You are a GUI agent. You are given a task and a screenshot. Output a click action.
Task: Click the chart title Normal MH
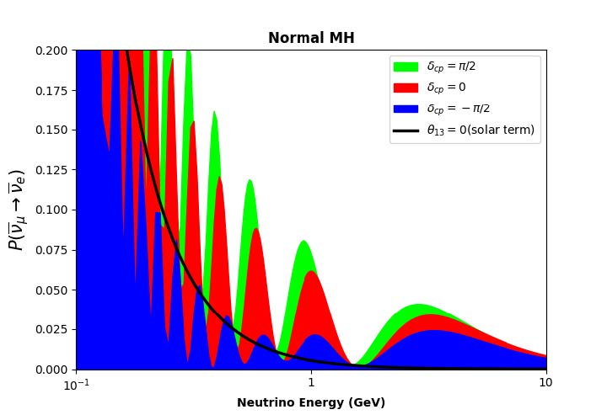click(311, 38)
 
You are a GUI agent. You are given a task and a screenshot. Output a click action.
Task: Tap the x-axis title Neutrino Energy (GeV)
click(311, 402)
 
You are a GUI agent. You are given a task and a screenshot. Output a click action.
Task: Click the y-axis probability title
click(17, 210)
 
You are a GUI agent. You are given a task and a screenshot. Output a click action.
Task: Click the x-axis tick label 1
click(311, 384)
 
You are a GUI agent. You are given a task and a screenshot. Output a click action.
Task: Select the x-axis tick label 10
click(546, 384)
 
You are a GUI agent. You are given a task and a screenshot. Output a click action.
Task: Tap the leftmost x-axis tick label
click(76, 384)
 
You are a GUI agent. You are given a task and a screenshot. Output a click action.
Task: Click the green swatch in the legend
click(406, 67)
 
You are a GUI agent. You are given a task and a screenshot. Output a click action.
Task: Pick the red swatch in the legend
click(406, 88)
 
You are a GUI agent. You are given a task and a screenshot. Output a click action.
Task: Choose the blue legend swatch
click(406, 109)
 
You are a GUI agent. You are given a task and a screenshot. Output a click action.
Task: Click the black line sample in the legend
click(406, 130)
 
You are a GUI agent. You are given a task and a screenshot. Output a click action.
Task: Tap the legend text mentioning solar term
click(481, 130)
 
